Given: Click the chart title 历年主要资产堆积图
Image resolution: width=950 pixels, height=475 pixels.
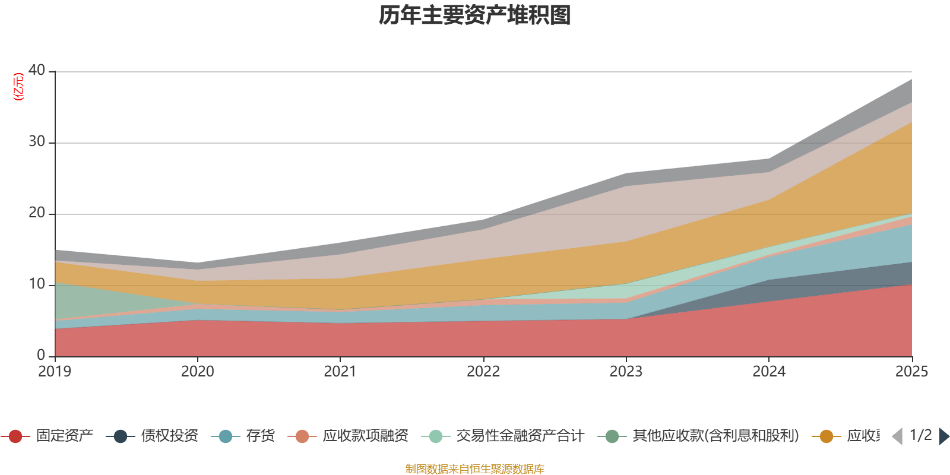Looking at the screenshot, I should click(475, 15).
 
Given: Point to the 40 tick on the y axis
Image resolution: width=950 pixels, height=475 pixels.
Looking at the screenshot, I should click(37, 70).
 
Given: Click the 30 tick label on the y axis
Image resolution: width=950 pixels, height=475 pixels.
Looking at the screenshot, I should click(37, 141).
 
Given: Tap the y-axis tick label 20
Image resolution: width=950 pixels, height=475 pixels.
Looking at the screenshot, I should click(37, 213).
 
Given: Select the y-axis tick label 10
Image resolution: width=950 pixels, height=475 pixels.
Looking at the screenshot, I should click(37, 284).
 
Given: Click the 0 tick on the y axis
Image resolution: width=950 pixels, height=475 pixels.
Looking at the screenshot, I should click(41, 355).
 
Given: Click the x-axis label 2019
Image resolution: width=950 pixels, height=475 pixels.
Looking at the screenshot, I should click(55, 372).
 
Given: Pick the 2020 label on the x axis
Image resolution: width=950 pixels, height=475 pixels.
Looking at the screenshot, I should click(197, 372).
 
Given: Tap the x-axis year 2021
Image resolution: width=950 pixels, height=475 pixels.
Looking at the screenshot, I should click(340, 372).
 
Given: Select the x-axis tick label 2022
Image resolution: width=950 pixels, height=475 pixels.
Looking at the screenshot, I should click(483, 372).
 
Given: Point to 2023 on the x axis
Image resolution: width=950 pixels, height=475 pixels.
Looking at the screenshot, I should click(626, 372).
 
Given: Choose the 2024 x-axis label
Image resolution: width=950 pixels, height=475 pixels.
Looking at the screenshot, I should click(769, 372).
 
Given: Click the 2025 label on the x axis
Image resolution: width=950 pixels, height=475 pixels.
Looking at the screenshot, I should click(911, 372).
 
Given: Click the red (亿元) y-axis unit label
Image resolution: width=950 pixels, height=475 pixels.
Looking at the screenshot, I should click(19, 87).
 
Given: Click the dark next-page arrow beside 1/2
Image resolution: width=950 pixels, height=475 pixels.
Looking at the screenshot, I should click(943, 436).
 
